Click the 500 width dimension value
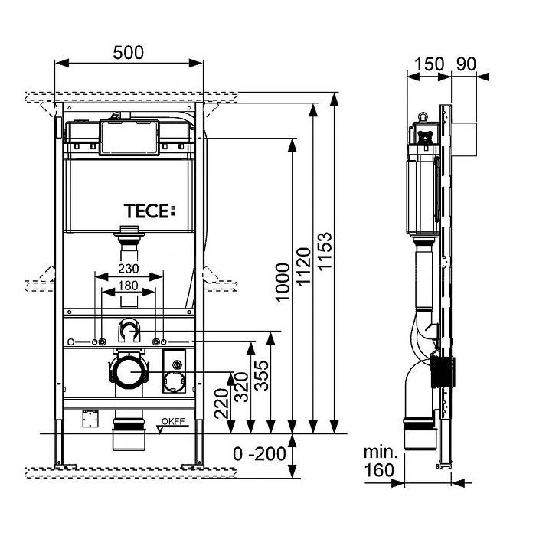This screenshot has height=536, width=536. click(x=129, y=53)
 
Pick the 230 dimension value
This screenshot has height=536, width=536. click(x=129, y=270)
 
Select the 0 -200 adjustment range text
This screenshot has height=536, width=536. click(x=260, y=453)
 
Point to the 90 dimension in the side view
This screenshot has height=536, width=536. click(x=466, y=64)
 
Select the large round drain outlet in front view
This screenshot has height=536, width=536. click(x=129, y=373)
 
